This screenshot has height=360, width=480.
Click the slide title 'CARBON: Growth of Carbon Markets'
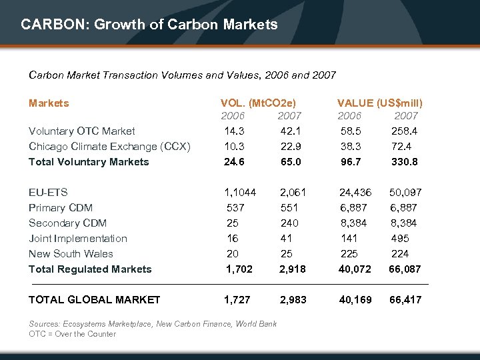tap(149, 25)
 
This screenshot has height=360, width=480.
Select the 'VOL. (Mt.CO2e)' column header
tap(258, 103)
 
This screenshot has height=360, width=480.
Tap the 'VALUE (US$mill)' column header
tap(379, 103)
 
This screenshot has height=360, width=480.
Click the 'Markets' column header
tap(49, 103)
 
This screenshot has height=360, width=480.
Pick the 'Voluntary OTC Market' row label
tap(81, 131)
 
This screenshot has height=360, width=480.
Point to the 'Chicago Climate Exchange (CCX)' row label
tap(109, 146)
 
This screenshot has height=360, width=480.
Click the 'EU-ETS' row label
tap(48, 193)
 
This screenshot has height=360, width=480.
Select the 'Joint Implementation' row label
tap(78, 239)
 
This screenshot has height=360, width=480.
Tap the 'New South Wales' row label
tap(71, 254)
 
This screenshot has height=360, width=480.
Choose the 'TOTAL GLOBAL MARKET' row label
tap(94, 300)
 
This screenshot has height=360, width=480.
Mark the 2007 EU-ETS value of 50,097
tap(406, 193)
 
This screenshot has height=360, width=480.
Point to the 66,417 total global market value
tap(405, 300)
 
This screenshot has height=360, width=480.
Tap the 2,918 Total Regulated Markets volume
tap(293, 269)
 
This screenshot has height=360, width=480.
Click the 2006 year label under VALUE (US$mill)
tap(350, 116)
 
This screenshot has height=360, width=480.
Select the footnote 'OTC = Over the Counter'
tap(72, 334)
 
